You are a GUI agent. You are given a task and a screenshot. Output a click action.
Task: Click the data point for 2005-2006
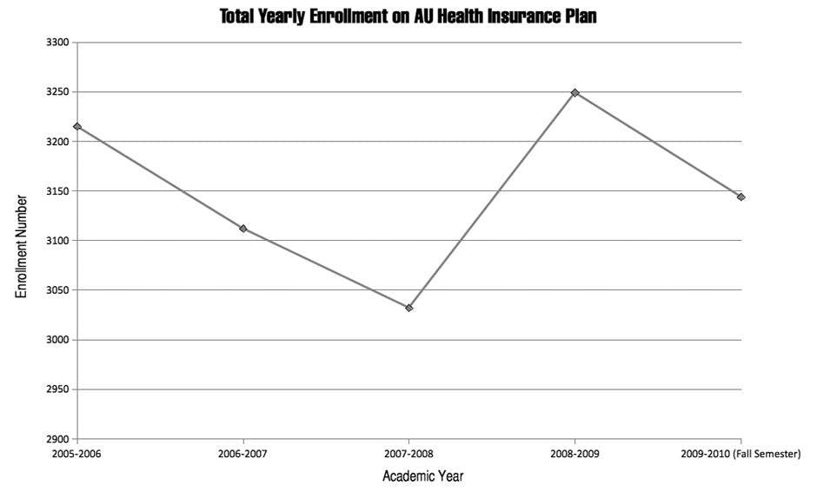77,127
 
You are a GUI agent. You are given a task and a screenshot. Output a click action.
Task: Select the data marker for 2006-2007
242,229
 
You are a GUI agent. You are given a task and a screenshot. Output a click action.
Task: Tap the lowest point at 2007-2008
408,308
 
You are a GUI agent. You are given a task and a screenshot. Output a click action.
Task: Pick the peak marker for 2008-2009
575,93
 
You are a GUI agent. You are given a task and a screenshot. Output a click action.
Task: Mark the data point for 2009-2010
741,197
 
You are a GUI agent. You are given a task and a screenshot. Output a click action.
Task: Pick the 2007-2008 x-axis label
408,454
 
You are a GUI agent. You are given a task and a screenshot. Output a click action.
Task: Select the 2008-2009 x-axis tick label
575,454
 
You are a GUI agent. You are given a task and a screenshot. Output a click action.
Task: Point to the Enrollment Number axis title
23,246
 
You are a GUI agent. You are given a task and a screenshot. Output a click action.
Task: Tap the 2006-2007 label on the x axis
242,454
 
